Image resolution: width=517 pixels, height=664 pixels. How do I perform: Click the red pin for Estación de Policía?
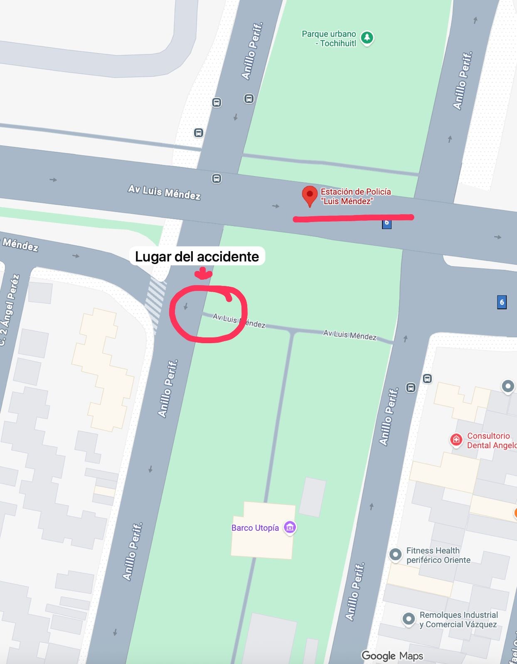(309, 195)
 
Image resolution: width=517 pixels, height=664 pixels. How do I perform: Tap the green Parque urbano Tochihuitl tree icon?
(367, 38)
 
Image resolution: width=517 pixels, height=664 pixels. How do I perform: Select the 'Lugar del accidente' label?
(197, 256)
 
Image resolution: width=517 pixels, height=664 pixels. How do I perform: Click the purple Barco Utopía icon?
(290, 527)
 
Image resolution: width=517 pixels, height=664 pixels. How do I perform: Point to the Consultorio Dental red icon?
(456, 439)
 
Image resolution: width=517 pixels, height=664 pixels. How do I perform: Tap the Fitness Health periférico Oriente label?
(438, 555)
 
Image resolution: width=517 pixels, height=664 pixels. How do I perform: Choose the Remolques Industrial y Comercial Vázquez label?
(458, 620)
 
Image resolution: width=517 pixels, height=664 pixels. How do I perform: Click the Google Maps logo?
(392, 656)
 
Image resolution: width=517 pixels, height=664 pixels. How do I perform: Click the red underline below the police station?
(353, 218)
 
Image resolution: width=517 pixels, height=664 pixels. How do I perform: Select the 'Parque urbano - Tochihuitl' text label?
(329, 38)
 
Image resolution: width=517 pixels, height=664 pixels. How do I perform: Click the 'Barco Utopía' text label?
(255, 528)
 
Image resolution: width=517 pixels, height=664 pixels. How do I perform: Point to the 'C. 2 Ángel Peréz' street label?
(9, 309)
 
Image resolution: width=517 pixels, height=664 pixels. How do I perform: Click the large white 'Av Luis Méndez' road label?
(164, 192)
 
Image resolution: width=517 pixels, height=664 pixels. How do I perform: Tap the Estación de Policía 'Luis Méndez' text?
(355, 196)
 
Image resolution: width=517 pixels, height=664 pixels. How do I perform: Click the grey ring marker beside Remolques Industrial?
(409, 619)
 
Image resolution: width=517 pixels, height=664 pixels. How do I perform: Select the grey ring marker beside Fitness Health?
(395, 554)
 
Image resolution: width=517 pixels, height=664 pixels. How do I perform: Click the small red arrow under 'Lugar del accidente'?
(203, 273)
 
